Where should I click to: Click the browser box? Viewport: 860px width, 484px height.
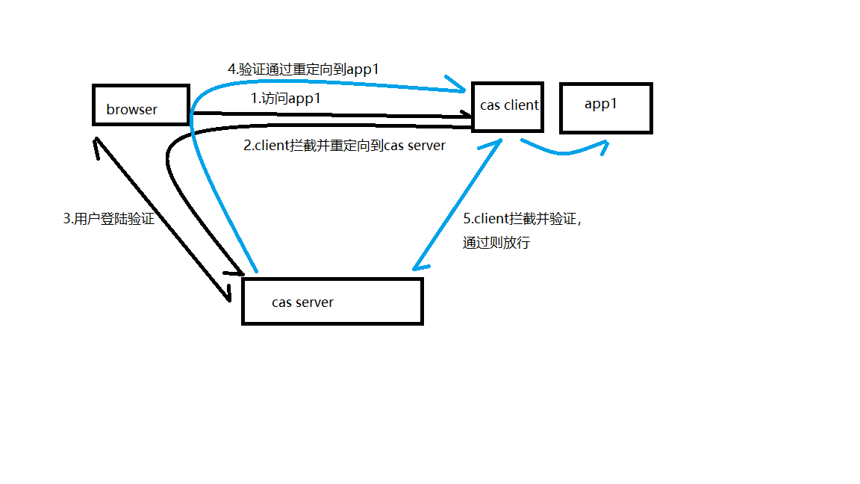pyautogui.click(x=140, y=105)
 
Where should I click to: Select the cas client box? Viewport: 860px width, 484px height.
pyautogui.click(x=508, y=106)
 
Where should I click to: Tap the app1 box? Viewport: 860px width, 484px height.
pyautogui.click(x=606, y=108)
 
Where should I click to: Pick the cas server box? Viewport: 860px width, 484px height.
pyautogui.click(x=332, y=301)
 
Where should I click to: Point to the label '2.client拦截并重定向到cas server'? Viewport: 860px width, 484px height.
pyautogui.click(x=344, y=146)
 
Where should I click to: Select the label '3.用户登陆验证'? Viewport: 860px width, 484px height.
pyautogui.click(x=109, y=220)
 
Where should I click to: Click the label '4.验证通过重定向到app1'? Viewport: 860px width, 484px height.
pyautogui.click(x=304, y=69)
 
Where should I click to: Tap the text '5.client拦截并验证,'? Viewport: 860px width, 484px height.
pyautogui.click(x=521, y=220)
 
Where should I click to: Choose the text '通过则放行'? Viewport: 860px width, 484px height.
pyautogui.click(x=496, y=243)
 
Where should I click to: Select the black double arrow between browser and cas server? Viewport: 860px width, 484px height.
pyautogui.click(x=161, y=217)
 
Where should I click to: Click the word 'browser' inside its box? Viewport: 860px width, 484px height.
pyautogui.click(x=132, y=110)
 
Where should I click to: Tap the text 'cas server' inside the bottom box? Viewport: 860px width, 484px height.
pyautogui.click(x=302, y=302)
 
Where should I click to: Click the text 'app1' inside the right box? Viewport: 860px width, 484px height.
pyautogui.click(x=601, y=105)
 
